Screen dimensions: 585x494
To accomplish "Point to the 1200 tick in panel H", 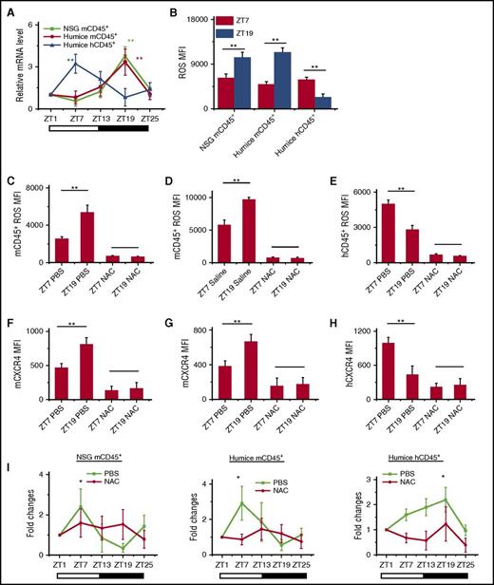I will (x=365, y=331).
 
